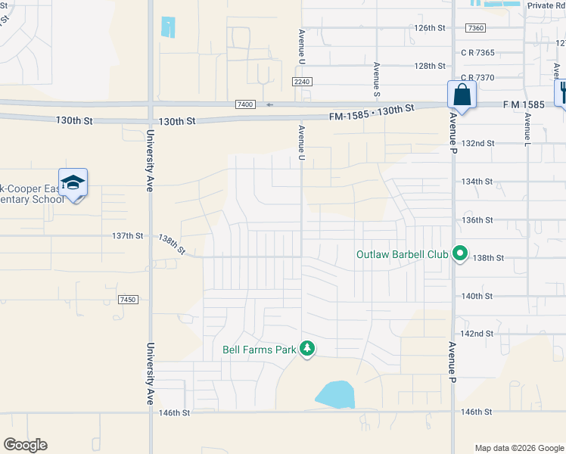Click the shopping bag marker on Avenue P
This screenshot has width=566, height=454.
(462, 96)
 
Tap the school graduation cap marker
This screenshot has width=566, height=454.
(73, 183)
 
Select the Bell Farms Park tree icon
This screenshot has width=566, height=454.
(307, 348)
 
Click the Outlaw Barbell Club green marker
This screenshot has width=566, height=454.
(459, 253)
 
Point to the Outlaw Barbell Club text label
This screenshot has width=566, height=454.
(403, 254)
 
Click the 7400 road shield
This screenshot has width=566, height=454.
(245, 104)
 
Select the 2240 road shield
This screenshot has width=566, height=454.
(302, 82)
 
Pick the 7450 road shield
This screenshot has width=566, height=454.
(127, 300)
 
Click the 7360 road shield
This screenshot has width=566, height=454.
(475, 28)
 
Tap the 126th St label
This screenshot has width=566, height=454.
(430, 28)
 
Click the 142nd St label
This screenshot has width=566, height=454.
(477, 334)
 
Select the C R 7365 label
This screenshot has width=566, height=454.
(477, 53)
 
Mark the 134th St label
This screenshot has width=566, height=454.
(477, 182)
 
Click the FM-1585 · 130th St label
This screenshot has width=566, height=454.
(372, 113)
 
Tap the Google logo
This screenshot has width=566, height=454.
(25, 445)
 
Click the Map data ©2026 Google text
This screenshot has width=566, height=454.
(518, 448)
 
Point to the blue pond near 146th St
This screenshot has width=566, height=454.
(335, 395)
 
